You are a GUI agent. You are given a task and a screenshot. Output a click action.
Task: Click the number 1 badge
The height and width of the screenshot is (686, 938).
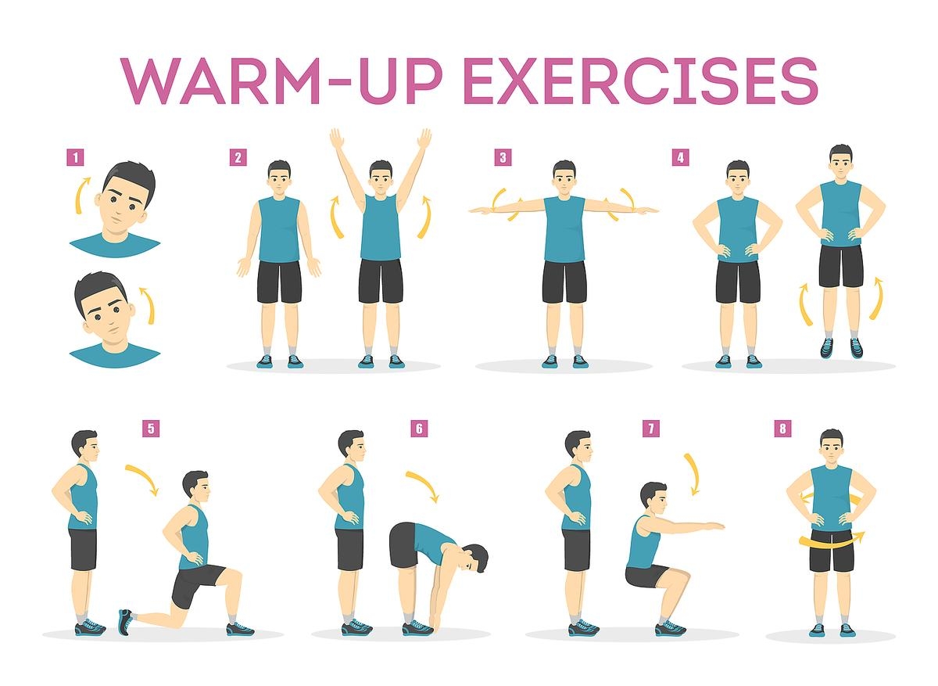tap(75, 157)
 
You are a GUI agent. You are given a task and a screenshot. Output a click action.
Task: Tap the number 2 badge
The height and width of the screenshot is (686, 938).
tap(238, 157)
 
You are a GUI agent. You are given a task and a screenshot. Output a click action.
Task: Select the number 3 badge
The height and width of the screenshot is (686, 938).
tap(503, 157)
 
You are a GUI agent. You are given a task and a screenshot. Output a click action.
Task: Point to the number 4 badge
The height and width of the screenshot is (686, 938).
tap(680, 157)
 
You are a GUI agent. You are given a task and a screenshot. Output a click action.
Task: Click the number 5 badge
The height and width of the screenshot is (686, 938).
tap(151, 428)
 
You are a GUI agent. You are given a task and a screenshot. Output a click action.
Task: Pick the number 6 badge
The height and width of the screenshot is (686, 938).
tap(419, 428)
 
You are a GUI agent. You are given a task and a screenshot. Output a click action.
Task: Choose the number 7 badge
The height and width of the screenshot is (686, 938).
tap(650, 428)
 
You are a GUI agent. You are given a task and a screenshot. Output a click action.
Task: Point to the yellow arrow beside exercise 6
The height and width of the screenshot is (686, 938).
tap(423, 486)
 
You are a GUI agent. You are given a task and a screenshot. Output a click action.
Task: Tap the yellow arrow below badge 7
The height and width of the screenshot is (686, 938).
tap(691, 473)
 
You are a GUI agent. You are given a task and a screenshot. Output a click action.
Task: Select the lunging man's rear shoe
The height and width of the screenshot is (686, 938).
tap(125, 621)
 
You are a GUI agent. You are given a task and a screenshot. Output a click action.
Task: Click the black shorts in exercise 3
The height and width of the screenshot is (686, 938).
tap(564, 282)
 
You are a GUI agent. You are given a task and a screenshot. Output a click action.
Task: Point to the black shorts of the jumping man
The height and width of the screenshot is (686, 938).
tap(841, 266)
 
